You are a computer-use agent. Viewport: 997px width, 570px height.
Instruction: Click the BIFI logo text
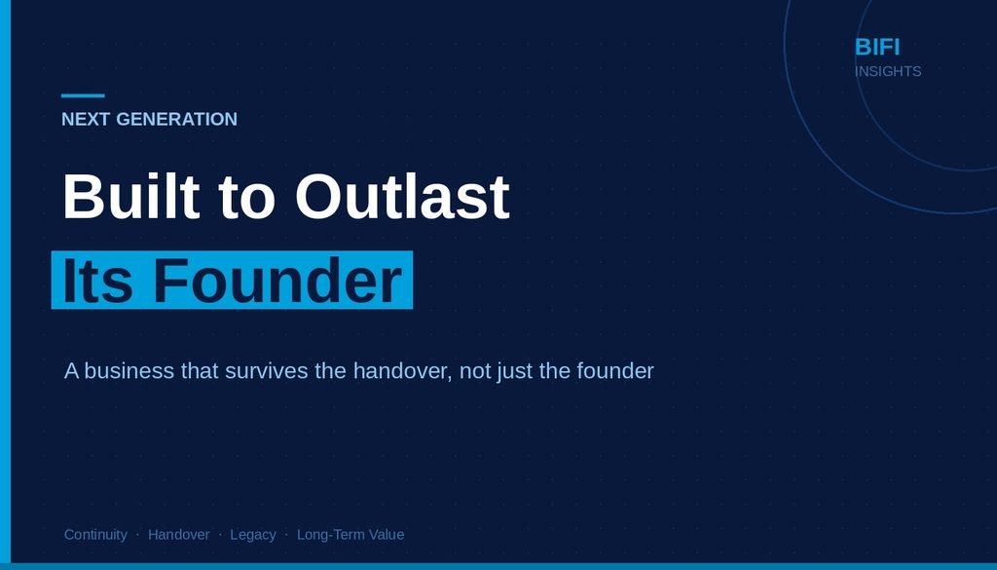pos(877,47)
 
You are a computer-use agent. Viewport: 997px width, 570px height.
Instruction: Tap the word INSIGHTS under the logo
pos(888,71)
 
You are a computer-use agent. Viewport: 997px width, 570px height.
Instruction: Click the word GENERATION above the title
pos(177,119)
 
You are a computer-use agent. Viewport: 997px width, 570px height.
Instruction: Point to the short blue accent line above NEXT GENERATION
pos(83,96)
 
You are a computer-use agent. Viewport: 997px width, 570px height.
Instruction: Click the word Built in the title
pos(131,196)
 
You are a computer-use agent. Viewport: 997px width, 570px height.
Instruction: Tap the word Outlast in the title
pos(402,196)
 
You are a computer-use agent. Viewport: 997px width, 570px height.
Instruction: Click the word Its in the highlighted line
pos(97,281)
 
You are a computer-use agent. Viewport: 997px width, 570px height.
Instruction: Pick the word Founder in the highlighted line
pos(277,281)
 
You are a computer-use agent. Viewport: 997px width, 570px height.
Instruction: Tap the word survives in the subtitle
pos(267,370)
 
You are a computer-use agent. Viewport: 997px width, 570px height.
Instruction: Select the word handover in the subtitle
pos(401,370)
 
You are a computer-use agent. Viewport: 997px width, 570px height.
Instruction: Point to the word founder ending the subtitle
pos(615,370)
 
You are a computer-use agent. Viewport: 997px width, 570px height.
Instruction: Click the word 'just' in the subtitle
pos(515,371)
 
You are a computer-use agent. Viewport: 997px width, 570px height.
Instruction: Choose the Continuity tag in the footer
pos(95,534)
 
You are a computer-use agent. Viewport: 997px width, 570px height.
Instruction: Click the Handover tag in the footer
pos(179,534)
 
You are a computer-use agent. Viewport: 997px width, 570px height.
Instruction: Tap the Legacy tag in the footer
pos(253,535)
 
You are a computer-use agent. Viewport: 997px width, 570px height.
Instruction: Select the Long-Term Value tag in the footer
pos(351,534)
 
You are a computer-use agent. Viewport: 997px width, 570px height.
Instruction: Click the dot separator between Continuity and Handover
pos(137,535)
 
